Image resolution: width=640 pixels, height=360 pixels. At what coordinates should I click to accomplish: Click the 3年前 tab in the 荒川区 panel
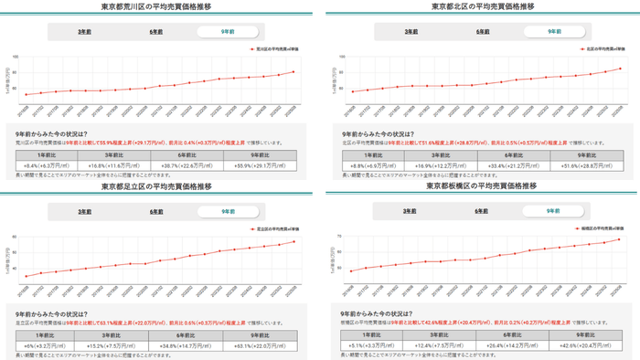pos(83,31)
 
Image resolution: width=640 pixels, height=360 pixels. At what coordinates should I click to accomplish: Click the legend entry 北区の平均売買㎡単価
pos(584,48)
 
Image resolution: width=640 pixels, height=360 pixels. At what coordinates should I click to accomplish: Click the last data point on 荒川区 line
pos(293,71)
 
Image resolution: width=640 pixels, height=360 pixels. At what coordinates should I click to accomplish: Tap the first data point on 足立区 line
pos(27,277)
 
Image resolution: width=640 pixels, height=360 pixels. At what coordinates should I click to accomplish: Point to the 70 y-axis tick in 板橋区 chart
pos(340,237)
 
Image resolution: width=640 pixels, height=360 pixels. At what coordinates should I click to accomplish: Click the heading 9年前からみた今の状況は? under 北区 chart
pos(379,132)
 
